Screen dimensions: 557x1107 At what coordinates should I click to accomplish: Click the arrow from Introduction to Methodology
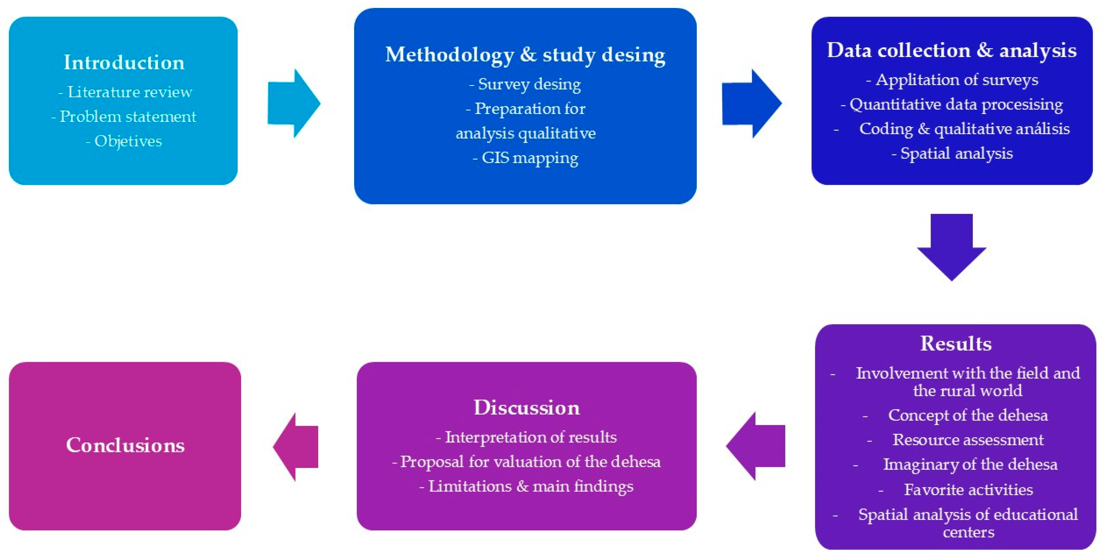(x=294, y=103)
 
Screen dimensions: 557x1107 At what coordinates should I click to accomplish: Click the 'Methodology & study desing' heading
(x=525, y=55)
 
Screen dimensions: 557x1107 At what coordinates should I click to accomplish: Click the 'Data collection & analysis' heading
(x=951, y=51)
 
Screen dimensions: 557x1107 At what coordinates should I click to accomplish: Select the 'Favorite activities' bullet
(x=968, y=490)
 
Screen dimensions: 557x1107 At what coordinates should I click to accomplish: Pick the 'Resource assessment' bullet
(x=968, y=440)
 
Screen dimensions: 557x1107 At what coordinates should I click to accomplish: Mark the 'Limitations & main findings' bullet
(x=531, y=487)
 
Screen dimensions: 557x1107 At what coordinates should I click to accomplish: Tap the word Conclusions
(x=125, y=445)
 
